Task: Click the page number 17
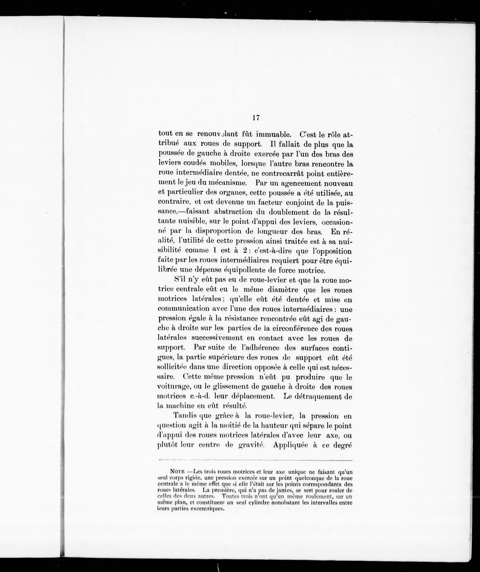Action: [256, 118]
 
